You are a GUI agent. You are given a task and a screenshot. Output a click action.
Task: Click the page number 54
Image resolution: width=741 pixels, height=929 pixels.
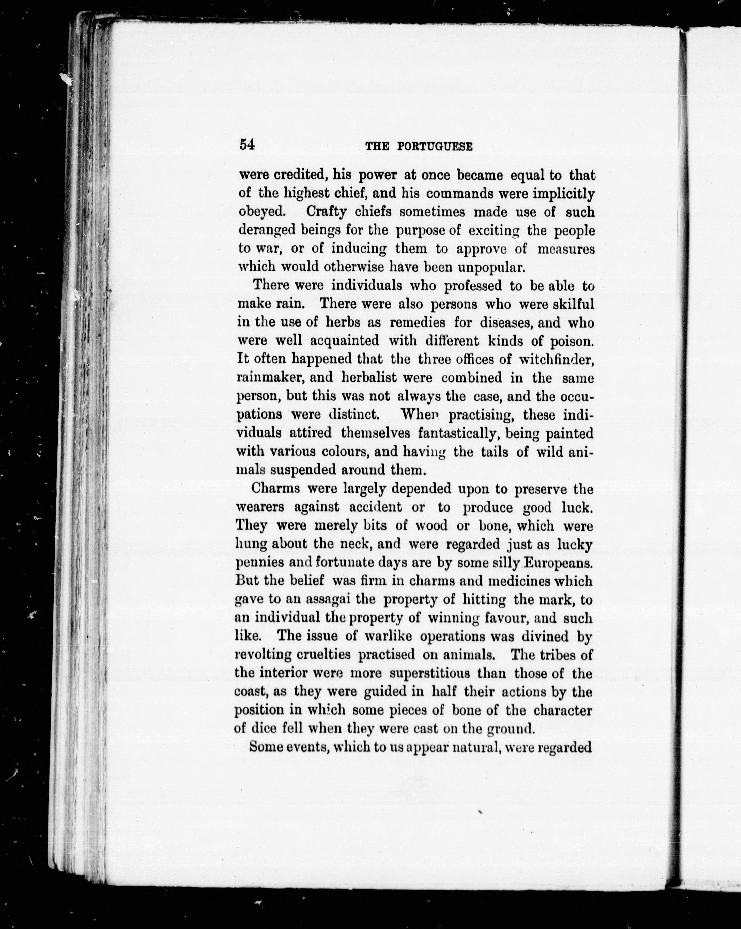coord(247,145)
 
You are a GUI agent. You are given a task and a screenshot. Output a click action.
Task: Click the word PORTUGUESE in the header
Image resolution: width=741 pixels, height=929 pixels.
coord(435,147)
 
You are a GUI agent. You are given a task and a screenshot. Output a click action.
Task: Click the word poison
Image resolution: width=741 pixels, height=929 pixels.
coord(572,341)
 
